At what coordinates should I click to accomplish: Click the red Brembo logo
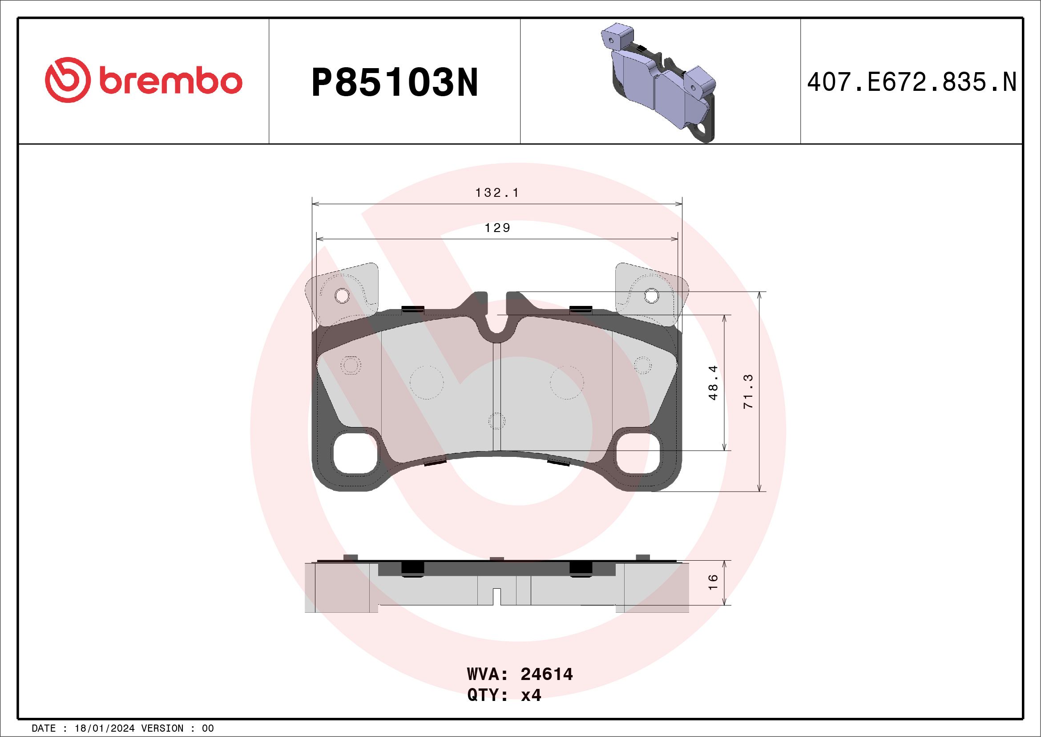143,80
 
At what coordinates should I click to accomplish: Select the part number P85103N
395,82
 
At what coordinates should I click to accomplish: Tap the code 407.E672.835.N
912,82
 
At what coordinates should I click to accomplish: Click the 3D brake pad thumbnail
660,81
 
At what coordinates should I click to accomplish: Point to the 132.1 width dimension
497,193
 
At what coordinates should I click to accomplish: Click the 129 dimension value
497,228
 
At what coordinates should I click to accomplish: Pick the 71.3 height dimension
749,391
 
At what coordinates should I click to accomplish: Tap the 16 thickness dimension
713,582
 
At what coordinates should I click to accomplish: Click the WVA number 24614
546,674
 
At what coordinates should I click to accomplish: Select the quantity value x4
531,695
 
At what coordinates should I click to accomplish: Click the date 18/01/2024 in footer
104,729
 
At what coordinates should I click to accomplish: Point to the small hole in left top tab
342,296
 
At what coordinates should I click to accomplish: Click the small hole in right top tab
652,295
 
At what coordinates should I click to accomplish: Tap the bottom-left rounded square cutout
355,454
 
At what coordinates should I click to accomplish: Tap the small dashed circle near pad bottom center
497,421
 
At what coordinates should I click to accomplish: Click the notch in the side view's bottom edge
497,597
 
